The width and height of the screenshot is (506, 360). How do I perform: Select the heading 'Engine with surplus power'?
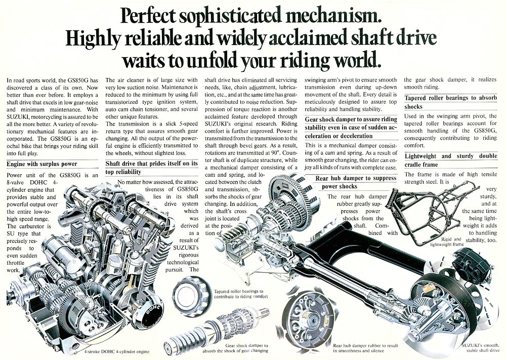[x=41, y=164]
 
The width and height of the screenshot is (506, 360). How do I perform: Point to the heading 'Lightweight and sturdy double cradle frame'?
[x=451, y=160]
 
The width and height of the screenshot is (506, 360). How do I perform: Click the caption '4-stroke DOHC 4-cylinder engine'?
[x=116, y=351]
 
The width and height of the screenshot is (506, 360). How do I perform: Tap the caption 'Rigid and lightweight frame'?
[x=447, y=242]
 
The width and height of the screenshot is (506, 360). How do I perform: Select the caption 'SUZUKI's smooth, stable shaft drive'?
[x=480, y=347]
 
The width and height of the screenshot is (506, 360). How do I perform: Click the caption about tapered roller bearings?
[x=241, y=294]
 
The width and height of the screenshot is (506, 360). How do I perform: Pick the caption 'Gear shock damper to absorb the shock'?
[x=235, y=348]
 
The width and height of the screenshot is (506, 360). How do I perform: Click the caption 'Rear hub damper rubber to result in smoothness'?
[x=365, y=348]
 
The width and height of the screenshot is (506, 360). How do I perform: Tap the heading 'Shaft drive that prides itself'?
[x=151, y=168]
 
